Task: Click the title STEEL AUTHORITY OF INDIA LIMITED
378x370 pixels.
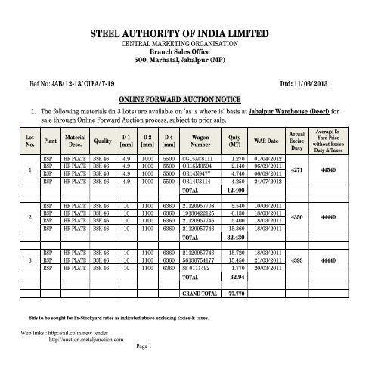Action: [189, 35]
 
